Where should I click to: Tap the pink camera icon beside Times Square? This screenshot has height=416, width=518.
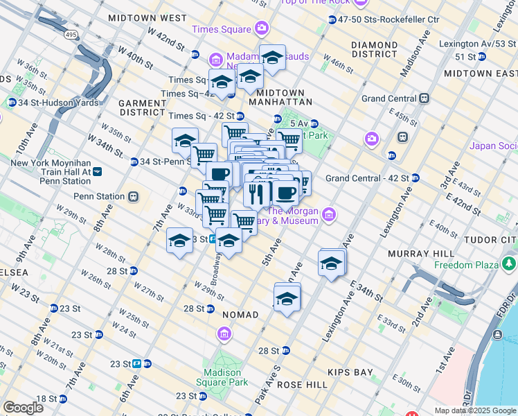pyautogui.click(x=262, y=28)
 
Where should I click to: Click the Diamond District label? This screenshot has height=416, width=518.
pyautogui.click(x=374, y=49)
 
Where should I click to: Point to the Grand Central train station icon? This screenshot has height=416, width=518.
pyautogui.click(x=421, y=98)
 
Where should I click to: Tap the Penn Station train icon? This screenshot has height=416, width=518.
pyautogui.click(x=132, y=196)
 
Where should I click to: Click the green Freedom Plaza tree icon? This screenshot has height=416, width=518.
pyautogui.click(x=510, y=263)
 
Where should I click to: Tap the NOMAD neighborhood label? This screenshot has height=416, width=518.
pyautogui.click(x=240, y=315)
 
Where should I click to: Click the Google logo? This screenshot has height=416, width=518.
pyautogui.click(x=23, y=408)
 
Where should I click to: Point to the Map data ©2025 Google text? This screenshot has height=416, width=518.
pyautogui.click(x=474, y=410)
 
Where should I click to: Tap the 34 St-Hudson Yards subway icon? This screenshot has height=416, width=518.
pyautogui.click(x=12, y=103)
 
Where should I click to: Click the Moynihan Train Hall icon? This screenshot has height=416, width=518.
pyautogui.click(x=98, y=171)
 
